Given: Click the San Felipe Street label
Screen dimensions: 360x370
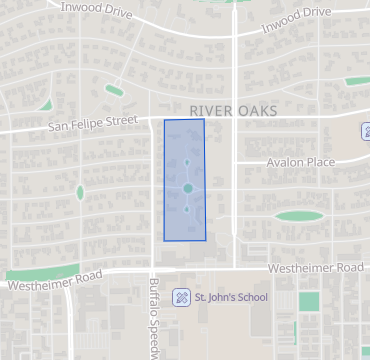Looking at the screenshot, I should point(93,124).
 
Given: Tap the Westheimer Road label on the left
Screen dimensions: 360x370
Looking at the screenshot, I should point(54,281).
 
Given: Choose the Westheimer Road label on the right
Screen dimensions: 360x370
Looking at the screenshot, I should point(316,269).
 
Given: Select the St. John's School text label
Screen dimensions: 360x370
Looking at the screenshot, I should point(231,297).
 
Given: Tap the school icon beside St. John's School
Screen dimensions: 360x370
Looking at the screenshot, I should point(182,297).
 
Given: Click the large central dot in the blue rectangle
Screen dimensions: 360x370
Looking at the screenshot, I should point(187,188).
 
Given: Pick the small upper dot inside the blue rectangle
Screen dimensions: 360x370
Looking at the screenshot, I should point(186,162).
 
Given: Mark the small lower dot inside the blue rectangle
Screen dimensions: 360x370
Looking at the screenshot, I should point(187,210).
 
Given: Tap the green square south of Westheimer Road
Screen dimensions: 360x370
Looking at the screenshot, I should point(309,301).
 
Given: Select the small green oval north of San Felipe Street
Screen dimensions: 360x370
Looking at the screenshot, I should point(114,91).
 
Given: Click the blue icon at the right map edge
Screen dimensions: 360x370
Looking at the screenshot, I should point(364,131).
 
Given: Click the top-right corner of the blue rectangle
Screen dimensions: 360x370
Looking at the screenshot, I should point(204,119).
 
